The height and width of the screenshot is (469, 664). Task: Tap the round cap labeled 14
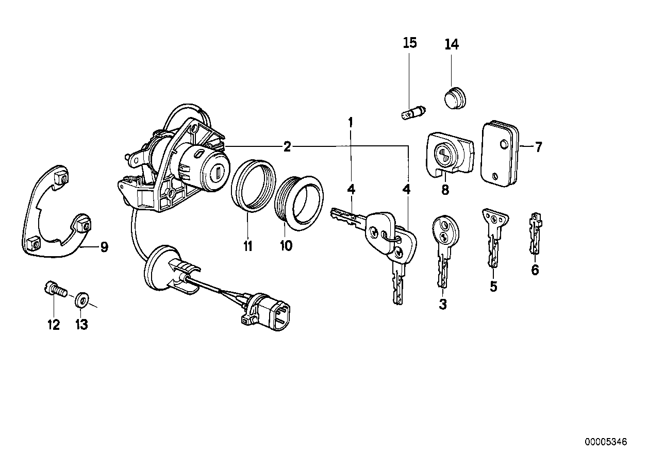click(454, 98)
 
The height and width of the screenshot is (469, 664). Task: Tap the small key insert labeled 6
click(535, 234)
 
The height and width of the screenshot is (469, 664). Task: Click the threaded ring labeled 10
click(299, 201)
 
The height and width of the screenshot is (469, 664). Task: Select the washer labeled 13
click(81, 298)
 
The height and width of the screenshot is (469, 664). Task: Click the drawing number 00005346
click(606, 442)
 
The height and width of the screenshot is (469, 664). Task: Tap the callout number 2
click(287, 147)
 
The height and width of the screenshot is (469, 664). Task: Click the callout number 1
click(351, 123)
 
